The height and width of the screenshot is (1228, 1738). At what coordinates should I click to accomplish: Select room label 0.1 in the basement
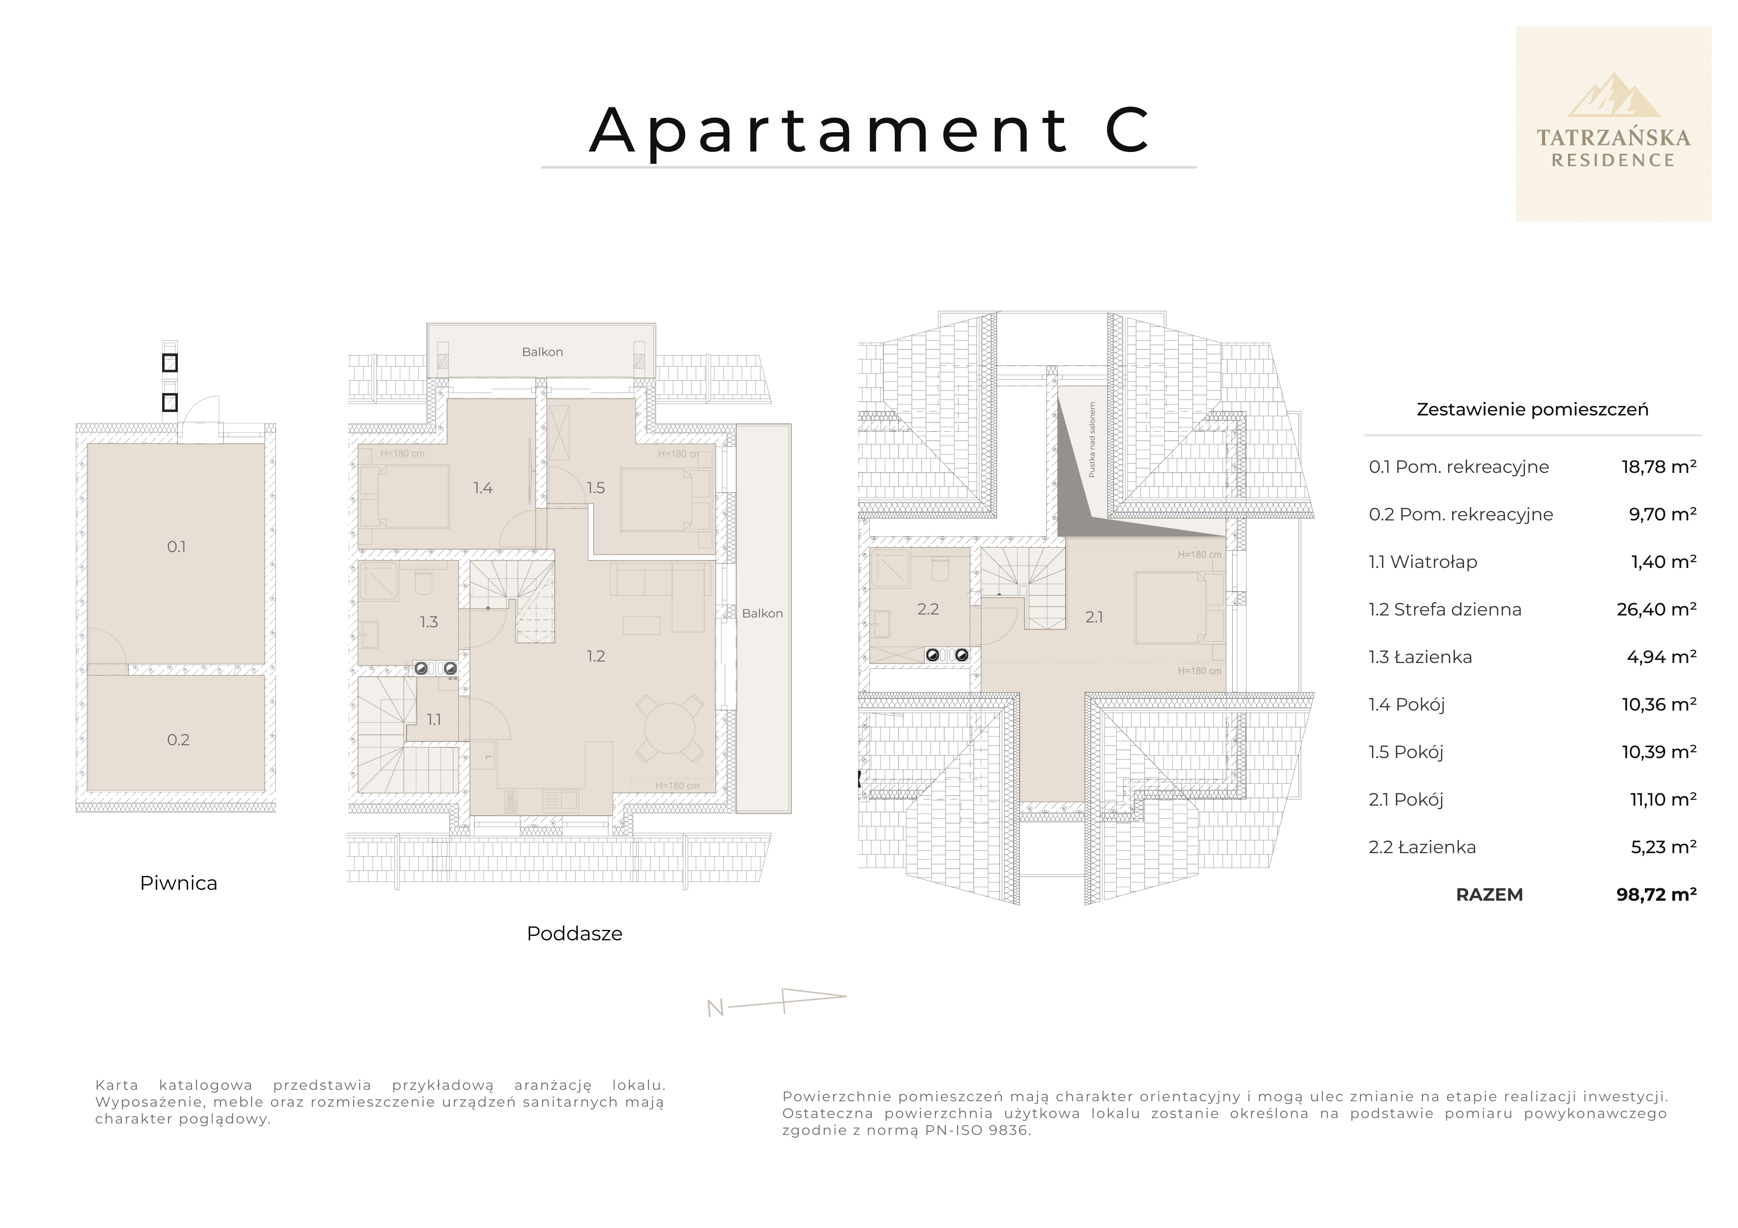click(176, 546)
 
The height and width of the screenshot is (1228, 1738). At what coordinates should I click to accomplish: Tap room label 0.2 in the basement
click(178, 740)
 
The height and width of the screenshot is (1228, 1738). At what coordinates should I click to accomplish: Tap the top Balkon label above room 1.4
click(542, 352)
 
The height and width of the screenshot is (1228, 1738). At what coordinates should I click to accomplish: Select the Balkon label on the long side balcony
click(762, 614)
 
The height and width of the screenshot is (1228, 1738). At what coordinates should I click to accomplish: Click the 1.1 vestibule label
click(434, 719)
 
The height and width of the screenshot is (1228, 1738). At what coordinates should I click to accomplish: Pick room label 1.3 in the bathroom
click(429, 622)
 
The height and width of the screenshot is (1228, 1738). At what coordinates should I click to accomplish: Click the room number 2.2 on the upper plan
click(928, 609)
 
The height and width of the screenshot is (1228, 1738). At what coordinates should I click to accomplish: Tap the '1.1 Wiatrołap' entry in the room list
click(1422, 562)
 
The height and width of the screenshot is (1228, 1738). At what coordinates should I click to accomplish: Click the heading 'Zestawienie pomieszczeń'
click(1532, 410)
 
